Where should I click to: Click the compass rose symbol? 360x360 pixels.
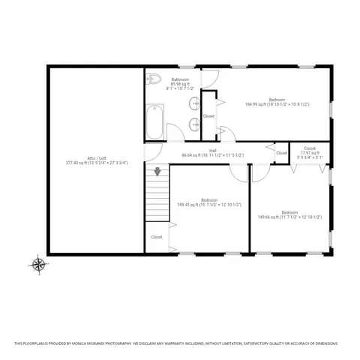coord(38,263)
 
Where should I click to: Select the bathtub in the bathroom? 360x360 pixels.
coord(155,120)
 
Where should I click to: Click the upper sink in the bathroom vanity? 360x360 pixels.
coord(195,103)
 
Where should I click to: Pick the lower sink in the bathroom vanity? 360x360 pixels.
coord(195,124)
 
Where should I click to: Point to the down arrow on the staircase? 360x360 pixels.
coord(157,172)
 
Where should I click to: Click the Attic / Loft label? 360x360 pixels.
coord(97,157)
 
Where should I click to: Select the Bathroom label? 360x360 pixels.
coord(180,79)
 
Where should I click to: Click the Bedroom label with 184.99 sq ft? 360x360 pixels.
coord(277,99)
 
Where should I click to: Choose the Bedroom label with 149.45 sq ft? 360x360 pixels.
coord(208,199)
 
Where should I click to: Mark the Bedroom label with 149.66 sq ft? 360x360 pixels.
coord(289,212)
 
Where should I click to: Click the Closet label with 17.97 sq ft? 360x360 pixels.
coord(309,148)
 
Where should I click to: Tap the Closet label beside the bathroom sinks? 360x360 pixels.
coord(208,116)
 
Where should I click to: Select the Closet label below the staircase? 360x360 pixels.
coord(157,237)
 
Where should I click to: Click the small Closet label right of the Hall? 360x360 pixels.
coord(281,153)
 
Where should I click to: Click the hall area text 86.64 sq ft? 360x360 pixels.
coord(193,155)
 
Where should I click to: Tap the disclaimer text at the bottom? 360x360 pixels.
coord(180,344)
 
